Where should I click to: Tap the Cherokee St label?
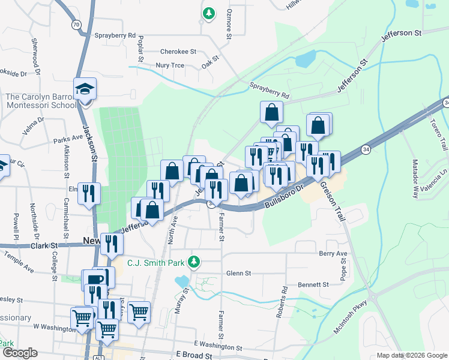(178, 52)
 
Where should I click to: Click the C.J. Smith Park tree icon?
(193, 262)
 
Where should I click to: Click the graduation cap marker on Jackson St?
(85, 90)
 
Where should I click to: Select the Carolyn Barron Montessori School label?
(38, 101)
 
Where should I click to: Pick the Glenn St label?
(238, 273)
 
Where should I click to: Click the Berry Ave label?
(333, 254)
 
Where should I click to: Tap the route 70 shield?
(75, 25)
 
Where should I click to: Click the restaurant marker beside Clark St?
(112, 243)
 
